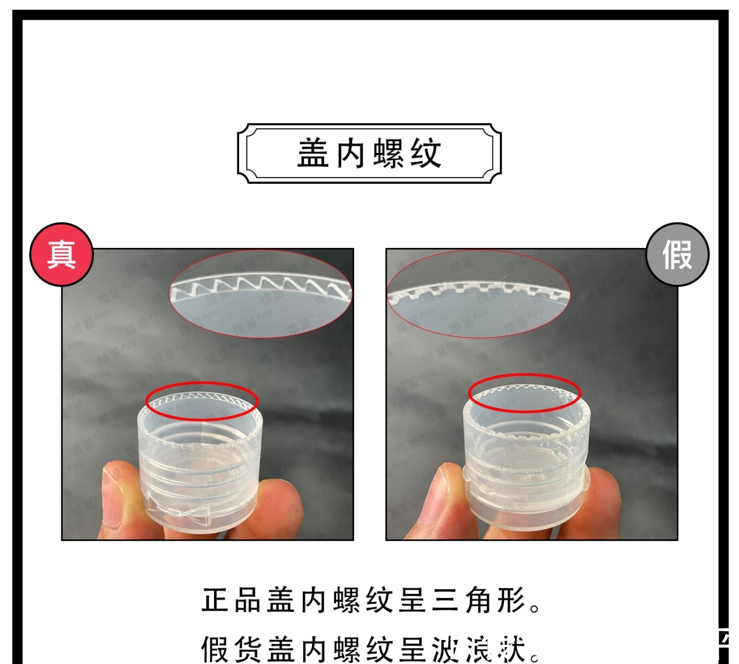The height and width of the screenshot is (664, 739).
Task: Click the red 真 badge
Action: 62,254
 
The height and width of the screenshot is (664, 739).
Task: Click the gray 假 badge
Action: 677,254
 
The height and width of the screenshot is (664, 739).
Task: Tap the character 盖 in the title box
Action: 314,153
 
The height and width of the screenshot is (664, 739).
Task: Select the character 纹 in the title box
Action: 425,153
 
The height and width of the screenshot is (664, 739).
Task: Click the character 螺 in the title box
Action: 388,153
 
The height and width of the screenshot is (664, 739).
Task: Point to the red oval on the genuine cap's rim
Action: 202,401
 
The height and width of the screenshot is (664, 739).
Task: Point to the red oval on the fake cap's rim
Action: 524,393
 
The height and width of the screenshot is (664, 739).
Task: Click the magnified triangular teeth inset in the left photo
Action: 260,295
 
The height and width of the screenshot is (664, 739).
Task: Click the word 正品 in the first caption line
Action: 231,600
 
